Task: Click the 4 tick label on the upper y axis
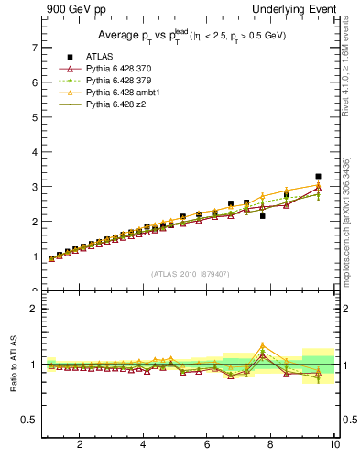tap(34, 152)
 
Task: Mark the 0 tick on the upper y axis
tap(34, 291)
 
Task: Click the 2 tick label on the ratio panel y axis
tap(34, 309)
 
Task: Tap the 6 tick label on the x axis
tap(207, 446)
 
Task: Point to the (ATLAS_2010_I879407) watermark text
tap(191, 274)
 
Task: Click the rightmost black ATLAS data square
tap(318, 176)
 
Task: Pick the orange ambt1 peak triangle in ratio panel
tap(263, 345)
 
